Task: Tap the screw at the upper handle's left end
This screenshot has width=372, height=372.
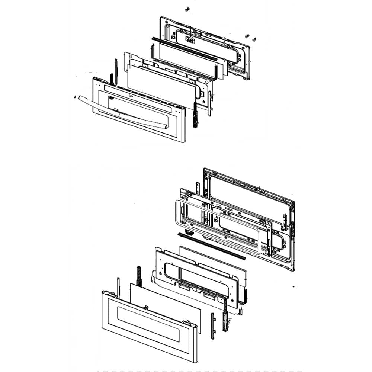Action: click(x=74, y=97)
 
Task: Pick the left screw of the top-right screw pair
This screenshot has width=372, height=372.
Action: click(x=247, y=36)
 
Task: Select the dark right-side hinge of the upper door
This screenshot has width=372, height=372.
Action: click(x=195, y=115)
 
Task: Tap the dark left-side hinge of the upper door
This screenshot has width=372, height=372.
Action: click(x=111, y=78)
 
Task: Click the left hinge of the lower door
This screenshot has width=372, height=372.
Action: click(x=139, y=275)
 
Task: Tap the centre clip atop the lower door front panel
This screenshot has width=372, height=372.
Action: click(x=146, y=308)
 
